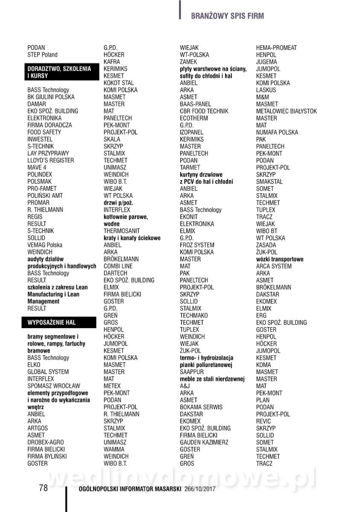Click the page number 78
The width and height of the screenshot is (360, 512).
pyautogui.click(x=43, y=488)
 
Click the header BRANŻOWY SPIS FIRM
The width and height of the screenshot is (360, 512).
pyautogui.click(x=227, y=16)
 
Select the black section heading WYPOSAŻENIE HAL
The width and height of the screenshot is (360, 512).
pyautogui.click(x=51, y=322)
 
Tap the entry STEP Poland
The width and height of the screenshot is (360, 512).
pyautogui.click(x=42, y=55)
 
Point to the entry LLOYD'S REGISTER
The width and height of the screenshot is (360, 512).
pyautogui.click(x=50, y=160)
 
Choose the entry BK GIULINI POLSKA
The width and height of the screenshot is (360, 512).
pyautogui.click(x=51, y=97)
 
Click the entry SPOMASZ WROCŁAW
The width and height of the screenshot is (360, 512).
pyautogui.click(x=54, y=386)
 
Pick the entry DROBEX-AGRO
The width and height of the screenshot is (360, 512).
pyautogui.click(x=46, y=442)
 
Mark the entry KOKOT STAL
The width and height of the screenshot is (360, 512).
pyautogui.click(x=119, y=83)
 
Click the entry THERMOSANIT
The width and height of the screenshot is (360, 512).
pyautogui.click(x=122, y=231)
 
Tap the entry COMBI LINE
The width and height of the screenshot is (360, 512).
pyautogui.click(x=118, y=266)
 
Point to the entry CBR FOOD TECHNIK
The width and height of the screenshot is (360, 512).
pyautogui.click(x=204, y=111)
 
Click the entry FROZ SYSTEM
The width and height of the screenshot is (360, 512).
pyautogui.click(x=197, y=245)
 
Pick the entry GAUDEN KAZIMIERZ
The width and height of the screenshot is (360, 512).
pyautogui.click(x=204, y=442)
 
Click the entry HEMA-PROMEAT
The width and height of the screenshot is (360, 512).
pyautogui.click(x=276, y=48)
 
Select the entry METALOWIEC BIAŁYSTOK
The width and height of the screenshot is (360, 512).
pyautogui.click(x=287, y=111)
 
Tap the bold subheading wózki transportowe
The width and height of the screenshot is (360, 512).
pyautogui.click(x=280, y=259)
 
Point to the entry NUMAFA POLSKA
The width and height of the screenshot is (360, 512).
pyautogui.click(x=277, y=132)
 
